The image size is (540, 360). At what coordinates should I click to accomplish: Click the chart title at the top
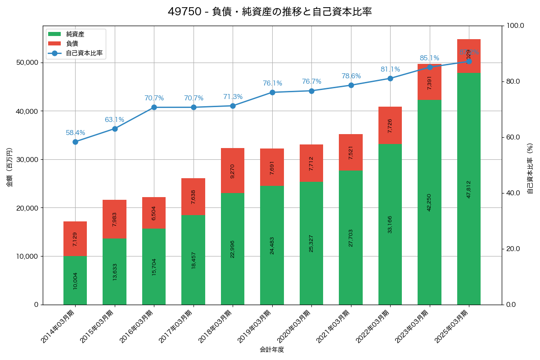[270, 12]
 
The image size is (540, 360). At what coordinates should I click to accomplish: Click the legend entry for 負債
[72, 44]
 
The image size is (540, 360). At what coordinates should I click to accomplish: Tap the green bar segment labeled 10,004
[75, 280]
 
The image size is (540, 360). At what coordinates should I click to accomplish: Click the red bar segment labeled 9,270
[233, 171]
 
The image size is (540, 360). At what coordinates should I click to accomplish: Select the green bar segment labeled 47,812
[469, 189]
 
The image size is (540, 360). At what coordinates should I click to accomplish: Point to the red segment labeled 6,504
[154, 212]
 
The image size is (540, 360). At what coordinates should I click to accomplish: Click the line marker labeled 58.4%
[75, 142]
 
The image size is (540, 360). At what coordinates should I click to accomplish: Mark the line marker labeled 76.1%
[272, 92]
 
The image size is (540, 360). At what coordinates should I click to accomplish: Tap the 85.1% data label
[429, 58]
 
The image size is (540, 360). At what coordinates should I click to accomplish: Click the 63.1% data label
[114, 120]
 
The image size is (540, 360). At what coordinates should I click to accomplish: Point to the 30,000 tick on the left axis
[27, 160]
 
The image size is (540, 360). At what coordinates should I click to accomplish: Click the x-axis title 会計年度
[272, 350]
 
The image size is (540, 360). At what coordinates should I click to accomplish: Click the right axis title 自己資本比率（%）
[530, 168]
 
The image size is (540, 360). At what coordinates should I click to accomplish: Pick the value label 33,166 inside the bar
[390, 224]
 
